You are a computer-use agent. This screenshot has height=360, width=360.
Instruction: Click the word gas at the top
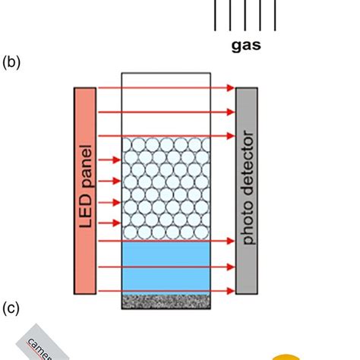(x=246, y=45)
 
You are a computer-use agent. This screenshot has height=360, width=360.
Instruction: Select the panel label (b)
(x=11, y=62)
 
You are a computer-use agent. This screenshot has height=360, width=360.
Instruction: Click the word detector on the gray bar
(x=247, y=163)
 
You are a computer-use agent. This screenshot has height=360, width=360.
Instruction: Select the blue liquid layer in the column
(x=166, y=266)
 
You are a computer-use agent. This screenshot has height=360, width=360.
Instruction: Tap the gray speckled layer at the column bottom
(x=166, y=301)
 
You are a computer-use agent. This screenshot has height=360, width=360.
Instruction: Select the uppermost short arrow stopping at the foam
(x=109, y=160)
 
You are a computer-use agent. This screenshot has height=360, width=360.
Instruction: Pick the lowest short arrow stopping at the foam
(x=109, y=223)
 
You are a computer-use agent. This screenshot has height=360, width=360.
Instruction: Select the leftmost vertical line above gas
(x=216, y=14)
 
